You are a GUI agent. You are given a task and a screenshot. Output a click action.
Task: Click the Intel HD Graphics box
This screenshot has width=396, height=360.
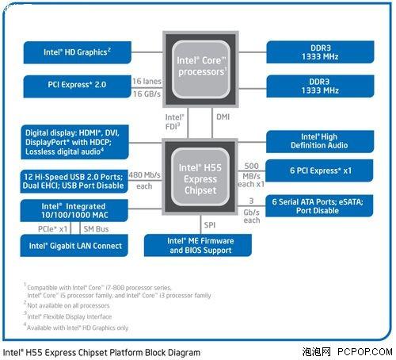tap(75, 53)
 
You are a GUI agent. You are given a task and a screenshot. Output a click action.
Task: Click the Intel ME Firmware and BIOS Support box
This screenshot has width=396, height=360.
tap(198, 245)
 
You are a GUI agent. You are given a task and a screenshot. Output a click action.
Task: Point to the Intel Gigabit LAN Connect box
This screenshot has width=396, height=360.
tap(75, 246)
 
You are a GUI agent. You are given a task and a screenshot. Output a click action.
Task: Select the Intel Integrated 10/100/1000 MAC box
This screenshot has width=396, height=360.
tap(75, 210)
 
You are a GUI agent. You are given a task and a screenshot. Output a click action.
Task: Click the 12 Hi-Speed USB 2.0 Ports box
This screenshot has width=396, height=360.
tap(75, 180)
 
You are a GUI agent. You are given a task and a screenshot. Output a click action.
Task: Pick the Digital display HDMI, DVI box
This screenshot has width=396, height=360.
tap(75, 140)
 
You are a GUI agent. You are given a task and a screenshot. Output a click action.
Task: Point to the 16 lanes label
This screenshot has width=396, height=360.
tap(147, 80)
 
